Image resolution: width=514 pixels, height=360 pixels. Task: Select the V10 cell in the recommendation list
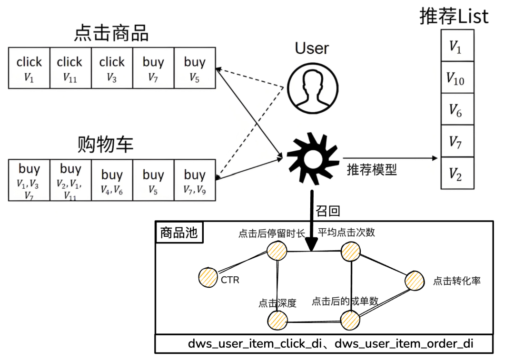457,78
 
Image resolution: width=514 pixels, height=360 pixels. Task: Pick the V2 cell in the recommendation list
457,174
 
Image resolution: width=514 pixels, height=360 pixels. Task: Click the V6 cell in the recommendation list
457,109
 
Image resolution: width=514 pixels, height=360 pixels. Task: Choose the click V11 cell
70,68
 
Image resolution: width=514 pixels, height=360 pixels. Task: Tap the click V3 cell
112,68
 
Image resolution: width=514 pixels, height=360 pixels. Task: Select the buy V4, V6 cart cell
112,181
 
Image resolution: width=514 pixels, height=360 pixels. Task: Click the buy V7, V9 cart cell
195,181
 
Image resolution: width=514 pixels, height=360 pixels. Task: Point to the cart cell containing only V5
153,181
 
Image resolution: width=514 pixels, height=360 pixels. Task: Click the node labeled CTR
208,277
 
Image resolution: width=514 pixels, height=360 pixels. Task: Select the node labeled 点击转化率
415,282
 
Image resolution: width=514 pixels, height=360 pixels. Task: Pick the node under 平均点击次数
351,251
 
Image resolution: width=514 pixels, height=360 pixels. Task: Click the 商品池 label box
179,233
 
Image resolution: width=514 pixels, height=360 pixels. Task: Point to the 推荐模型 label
372,169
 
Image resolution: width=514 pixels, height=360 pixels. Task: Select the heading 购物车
105,144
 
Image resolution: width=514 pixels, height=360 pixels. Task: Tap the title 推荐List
454,17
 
